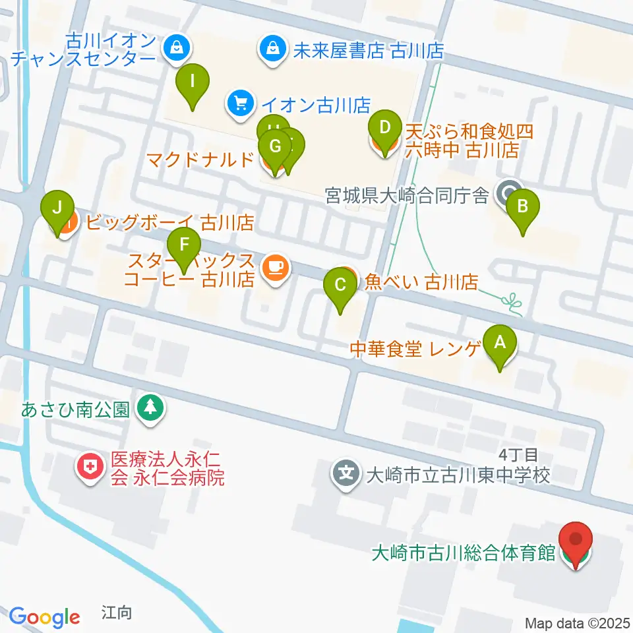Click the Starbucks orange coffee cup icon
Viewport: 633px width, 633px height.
point(274,266)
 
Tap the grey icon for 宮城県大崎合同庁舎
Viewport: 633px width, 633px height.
point(508,194)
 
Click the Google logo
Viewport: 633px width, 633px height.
point(44,617)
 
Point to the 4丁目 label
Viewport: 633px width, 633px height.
point(519,454)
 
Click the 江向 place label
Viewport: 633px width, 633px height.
point(117,613)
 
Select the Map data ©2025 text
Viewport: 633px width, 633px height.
point(577,623)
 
